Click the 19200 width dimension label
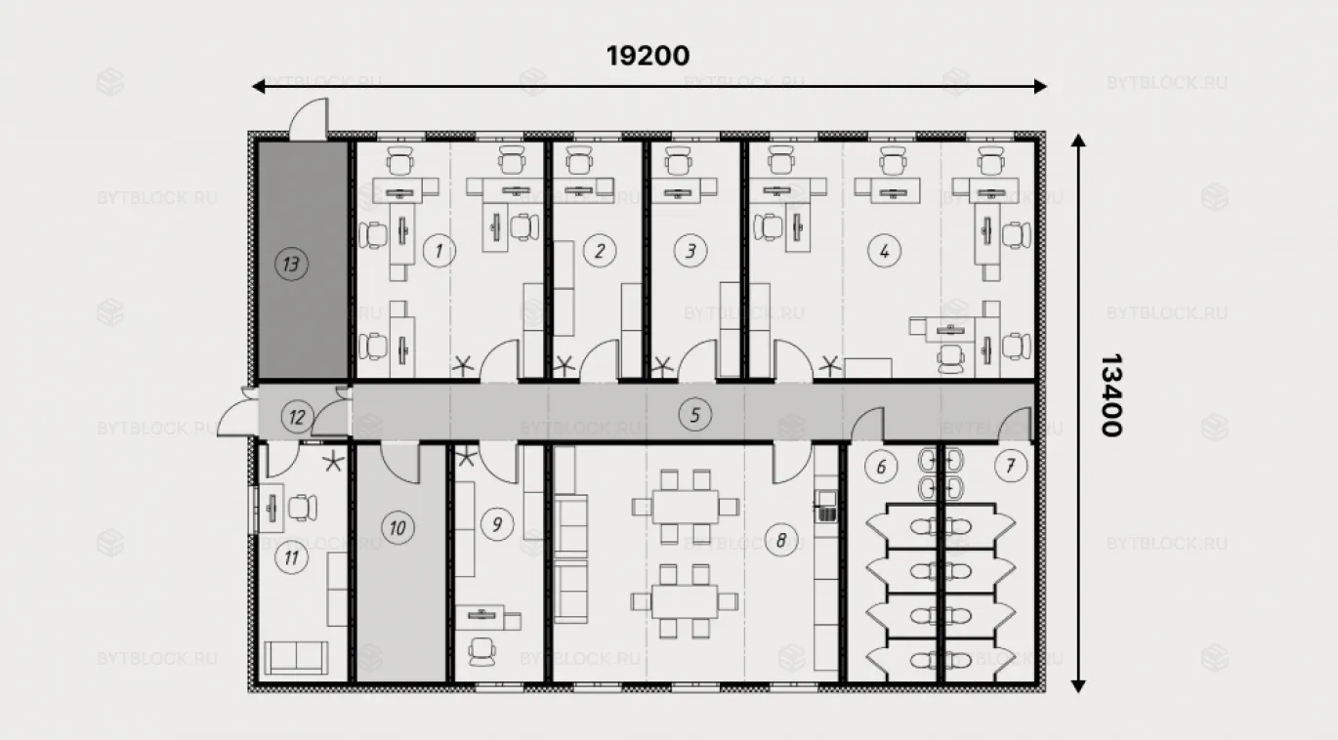tap(648, 56)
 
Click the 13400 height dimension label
tap(1111, 395)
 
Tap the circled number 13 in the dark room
tap(291, 264)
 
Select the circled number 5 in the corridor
tap(694, 415)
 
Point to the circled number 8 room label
tap(780, 540)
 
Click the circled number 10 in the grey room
tap(397, 528)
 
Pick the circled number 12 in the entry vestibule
tap(297, 417)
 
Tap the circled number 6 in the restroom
tap(881, 467)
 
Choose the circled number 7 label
tap(1011, 466)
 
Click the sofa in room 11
tap(296, 658)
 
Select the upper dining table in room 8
tap(686, 507)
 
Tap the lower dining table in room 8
tap(685, 602)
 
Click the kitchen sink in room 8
tap(826, 506)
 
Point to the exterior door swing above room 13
tap(309, 119)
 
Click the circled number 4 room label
tap(884, 251)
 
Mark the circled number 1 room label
tap(439, 251)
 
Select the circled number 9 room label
tap(497, 524)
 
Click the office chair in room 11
tap(303, 508)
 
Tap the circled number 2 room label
tap(599, 251)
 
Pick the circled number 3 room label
tap(690, 251)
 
